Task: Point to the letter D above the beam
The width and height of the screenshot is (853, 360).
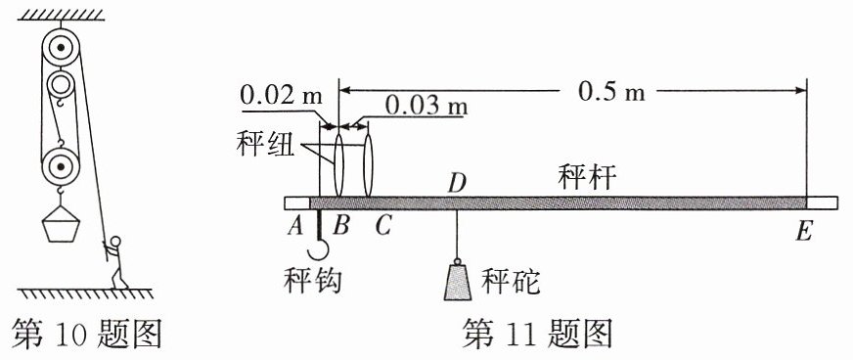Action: (457, 184)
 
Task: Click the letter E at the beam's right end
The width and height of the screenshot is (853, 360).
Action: (803, 231)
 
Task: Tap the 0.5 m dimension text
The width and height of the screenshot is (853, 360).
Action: (611, 92)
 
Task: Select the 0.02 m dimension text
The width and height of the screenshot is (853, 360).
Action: (282, 96)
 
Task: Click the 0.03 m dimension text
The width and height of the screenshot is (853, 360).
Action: (426, 106)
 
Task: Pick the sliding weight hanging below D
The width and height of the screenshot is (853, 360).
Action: (457, 281)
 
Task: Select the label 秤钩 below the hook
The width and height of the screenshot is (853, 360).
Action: (312, 281)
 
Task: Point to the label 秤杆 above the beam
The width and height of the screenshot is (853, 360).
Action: (587, 177)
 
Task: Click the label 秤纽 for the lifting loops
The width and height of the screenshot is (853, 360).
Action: (266, 144)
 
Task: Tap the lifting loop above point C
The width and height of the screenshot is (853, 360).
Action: (368, 165)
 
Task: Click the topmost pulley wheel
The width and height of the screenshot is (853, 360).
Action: (61, 48)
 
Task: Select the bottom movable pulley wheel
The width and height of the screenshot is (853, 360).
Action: (61, 166)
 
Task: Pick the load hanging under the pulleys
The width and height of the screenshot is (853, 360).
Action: (61, 222)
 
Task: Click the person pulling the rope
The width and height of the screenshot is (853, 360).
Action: (115, 262)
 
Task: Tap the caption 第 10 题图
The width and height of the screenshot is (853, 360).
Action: (86, 333)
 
